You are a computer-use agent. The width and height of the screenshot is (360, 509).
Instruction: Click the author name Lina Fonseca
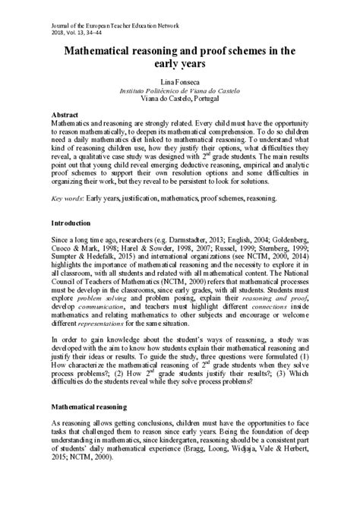[x=180, y=80]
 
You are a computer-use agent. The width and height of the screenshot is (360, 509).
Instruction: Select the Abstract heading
[x=67, y=112]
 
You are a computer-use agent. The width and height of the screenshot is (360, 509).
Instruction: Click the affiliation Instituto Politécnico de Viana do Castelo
[x=180, y=90]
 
